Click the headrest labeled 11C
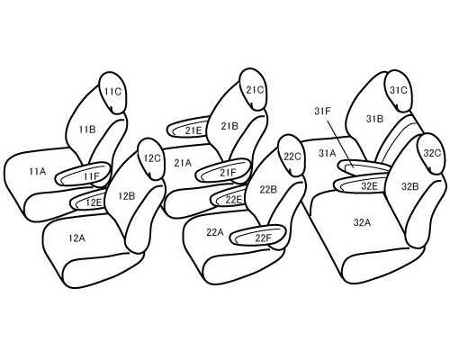pyautogui.click(x=112, y=93)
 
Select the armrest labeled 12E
pyautogui.click(x=88, y=201)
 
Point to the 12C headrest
pyautogui.click(x=151, y=159)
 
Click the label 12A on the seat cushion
pyautogui.click(x=76, y=238)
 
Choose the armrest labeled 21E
pyautogui.click(x=188, y=129)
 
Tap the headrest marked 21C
pyautogui.click(x=254, y=89)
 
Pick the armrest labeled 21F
pyautogui.click(x=222, y=171)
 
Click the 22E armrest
pyautogui.click(x=229, y=198)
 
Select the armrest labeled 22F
pyautogui.click(x=257, y=236)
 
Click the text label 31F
pyautogui.click(x=323, y=111)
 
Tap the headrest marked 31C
pyautogui.click(x=399, y=91)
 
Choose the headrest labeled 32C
pyautogui.click(x=431, y=154)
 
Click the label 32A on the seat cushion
pyautogui.click(x=362, y=222)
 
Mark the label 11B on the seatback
pyautogui.click(x=87, y=130)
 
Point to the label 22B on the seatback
pyautogui.click(x=268, y=190)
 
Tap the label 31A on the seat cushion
pyautogui.click(x=327, y=153)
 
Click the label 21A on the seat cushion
pyautogui.click(x=183, y=164)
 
